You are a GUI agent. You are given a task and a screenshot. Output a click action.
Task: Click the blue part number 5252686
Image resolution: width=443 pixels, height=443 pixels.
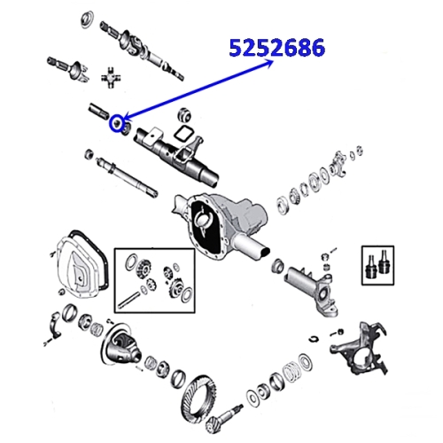click(x=277, y=47)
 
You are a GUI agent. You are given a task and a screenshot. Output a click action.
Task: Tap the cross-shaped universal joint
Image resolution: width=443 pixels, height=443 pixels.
click(x=111, y=77)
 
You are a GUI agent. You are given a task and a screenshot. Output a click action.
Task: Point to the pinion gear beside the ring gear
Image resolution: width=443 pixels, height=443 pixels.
click(x=225, y=416)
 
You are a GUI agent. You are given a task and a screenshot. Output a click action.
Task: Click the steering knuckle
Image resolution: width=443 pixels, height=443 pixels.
click(x=359, y=348)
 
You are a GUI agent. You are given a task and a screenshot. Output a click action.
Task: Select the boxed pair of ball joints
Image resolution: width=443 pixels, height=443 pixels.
click(x=377, y=265)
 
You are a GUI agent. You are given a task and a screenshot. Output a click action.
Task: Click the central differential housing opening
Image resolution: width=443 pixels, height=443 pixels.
click(x=205, y=225)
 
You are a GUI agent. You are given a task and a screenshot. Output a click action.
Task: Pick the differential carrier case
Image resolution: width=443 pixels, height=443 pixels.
click(x=120, y=345)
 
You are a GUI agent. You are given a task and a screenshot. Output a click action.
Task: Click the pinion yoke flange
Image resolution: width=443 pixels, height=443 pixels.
click(x=338, y=163)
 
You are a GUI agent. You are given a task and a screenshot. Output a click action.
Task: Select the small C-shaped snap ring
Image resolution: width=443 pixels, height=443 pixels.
click(x=315, y=338)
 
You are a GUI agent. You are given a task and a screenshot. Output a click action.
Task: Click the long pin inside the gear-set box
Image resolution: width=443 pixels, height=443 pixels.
click(x=128, y=300)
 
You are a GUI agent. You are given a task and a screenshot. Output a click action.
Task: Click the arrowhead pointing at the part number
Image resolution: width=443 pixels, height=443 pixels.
click(x=268, y=63)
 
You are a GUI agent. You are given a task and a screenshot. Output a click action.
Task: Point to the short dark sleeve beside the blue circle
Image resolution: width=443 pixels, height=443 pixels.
click(x=99, y=111)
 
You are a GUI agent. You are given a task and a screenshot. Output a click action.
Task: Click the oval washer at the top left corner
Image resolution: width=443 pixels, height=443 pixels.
click(x=87, y=19)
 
